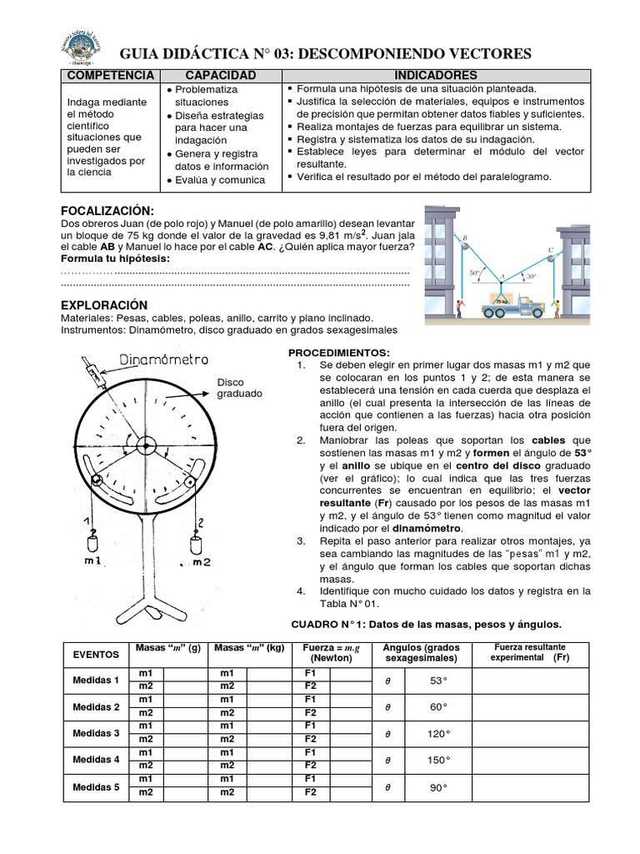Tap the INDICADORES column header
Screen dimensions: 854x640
coord(436,76)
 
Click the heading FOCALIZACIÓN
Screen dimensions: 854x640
coord(108,210)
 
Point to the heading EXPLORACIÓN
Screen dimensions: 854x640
coord(104,305)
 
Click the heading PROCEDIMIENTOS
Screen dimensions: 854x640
coord(339,353)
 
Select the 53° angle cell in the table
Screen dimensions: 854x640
coord(439,681)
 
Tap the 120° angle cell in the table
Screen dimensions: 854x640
coord(439,733)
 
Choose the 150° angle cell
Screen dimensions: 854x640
coord(439,760)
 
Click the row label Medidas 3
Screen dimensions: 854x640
coord(97,733)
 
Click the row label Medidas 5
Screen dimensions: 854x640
coord(97,786)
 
